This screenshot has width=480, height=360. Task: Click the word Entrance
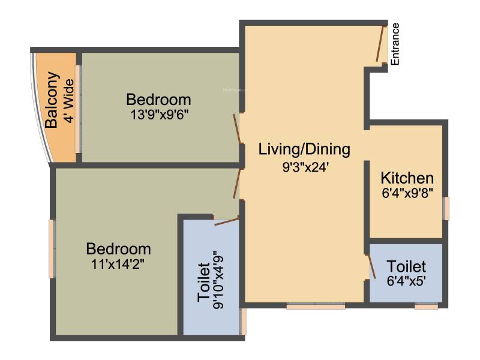tap(395, 44)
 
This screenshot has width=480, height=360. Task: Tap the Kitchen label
tap(407, 178)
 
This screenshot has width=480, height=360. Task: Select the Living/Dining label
tap(304, 149)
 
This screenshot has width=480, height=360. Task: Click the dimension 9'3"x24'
tap(305, 167)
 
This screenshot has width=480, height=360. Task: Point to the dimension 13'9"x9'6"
tap(159, 115)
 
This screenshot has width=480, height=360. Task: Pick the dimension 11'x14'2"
tap(118, 264)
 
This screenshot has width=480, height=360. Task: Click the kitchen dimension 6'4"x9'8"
tap(407, 193)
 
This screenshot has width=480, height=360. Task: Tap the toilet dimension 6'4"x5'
tap(407, 281)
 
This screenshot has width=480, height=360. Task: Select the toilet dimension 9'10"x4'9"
tap(219, 280)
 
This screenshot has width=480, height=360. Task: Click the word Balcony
tap(52, 100)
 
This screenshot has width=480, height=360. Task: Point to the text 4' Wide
tap(69, 101)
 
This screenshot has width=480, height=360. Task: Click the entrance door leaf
tap(380, 44)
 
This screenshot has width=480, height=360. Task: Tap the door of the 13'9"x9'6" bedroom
tap(238, 128)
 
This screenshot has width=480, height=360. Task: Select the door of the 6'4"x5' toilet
tap(372, 266)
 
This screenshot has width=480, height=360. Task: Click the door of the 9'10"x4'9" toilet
tap(227, 221)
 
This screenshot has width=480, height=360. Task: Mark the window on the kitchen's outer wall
tap(446, 208)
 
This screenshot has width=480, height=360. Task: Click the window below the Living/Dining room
tap(316, 306)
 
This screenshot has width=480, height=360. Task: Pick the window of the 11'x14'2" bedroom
tap(52, 248)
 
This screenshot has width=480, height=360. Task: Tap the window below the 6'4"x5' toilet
tap(427, 306)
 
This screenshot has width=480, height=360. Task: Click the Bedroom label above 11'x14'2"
tap(118, 249)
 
